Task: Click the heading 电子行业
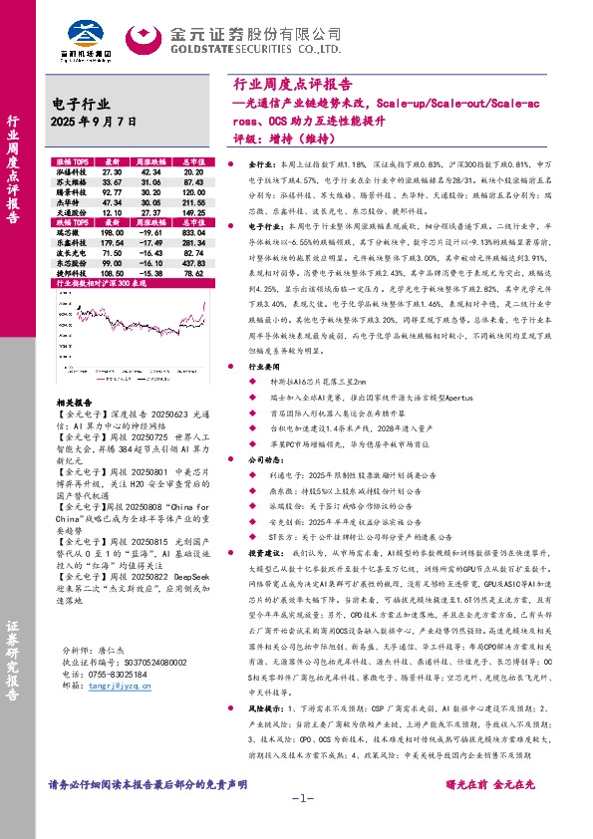(x=80, y=104)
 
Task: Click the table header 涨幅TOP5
(x=71, y=160)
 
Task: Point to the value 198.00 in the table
(x=112, y=229)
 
